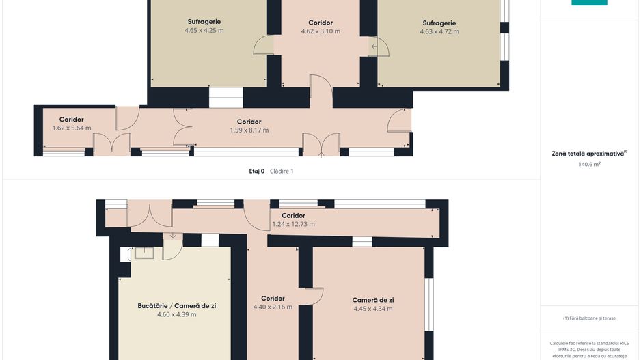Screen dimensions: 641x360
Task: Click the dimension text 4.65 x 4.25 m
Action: pyautogui.click(x=204, y=30)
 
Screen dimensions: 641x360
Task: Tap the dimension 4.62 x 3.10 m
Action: pyautogui.click(x=320, y=31)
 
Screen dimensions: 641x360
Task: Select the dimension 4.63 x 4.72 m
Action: pyautogui.click(x=439, y=31)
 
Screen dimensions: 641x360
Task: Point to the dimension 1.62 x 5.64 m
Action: pyautogui.click(x=72, y=128)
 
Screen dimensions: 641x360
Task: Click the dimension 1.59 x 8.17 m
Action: pyautogui.click(x=249, y=130)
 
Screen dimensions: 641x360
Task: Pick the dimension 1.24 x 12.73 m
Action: pyautogui.click(x=294, y=224)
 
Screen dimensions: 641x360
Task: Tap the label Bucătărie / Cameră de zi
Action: pyautogui.click(x=176, y=305)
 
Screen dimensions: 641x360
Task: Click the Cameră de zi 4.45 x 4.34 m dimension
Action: pyautogui.click(x=373, y=309)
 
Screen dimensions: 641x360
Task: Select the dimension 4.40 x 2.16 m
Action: pyautogui.click(x=273, y=307)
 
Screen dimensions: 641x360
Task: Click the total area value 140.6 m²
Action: pyautogui.click(x=589, y=164)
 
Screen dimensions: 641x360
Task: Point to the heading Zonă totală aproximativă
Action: pyautogui.click(x=588, y=154)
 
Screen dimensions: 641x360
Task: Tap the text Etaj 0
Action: pyautogui.click(x=257, y=171)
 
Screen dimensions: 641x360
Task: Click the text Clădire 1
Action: pyautogui.click(x=282, y=171)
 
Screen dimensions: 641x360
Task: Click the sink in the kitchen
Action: pyautogui.click(x=144, y=253)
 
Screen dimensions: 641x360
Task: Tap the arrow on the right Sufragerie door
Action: pyautogui.click(x=374, y=46)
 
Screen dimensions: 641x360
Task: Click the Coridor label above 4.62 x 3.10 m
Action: pyautogui.click(x=320, y=23)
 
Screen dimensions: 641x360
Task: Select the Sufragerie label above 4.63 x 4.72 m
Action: pyautogui.click(x=439, y=23)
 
